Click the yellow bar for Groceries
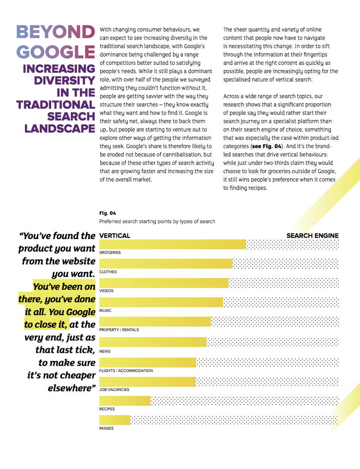172,244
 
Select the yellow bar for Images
115,420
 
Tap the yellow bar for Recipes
125,401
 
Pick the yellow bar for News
152,342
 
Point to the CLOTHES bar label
108,272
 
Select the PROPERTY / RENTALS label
119,330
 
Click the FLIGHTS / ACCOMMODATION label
126,371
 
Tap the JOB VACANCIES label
114,390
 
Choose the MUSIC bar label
105,310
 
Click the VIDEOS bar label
106,291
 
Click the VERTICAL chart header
115,235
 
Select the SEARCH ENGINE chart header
313,236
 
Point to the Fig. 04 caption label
107,213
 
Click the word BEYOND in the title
56,32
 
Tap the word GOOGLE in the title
56,52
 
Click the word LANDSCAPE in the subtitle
60,129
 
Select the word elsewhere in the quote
72,388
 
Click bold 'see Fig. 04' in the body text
267,146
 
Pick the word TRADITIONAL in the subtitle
56,105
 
